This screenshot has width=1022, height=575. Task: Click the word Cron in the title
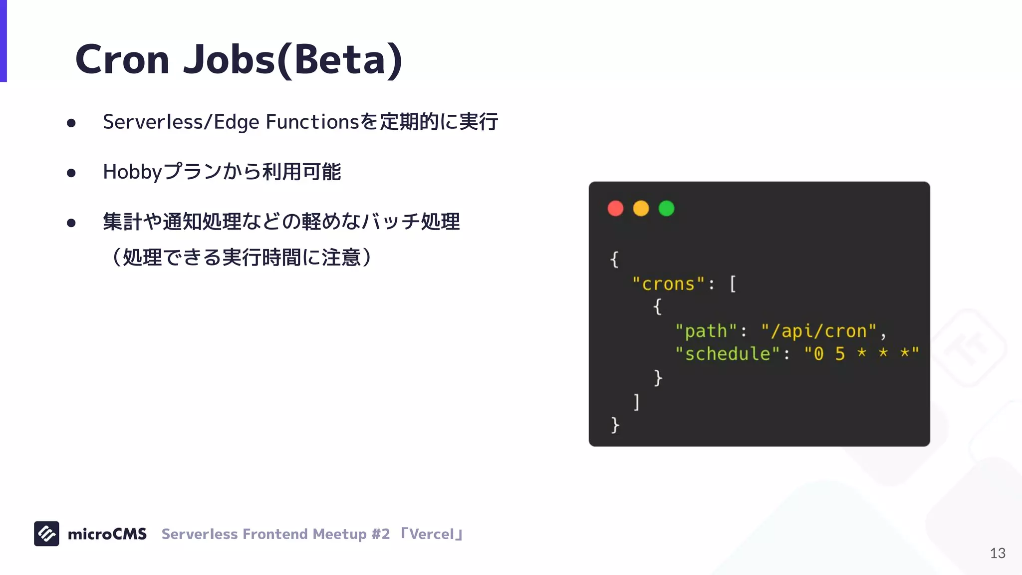tap(122, 60)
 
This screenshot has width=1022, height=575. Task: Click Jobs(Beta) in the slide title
tap(292, 60)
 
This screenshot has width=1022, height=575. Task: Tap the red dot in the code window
tap(615, 208)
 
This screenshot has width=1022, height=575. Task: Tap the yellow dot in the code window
tap(641, 208)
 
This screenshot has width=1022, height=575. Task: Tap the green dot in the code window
tap(666, 208)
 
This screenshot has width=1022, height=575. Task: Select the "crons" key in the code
tap(668, 284)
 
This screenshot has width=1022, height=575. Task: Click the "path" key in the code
tap(706, 331)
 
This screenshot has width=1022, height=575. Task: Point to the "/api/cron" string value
tap(818, 331)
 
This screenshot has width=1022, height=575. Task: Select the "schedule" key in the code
tap(727, 354)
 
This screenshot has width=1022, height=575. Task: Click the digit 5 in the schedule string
tap(840, 354)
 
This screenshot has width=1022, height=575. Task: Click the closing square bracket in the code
tap(636, 402)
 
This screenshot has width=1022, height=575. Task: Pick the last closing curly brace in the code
tap(615, 425)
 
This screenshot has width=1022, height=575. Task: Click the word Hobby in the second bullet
tap(132, 172)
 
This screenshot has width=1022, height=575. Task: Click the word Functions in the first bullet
tap(312, 122)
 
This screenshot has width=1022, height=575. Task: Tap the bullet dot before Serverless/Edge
tap(71, 123)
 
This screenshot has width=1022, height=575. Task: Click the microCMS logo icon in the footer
tap(46, 534)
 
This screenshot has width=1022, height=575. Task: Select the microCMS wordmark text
tap(107, 534)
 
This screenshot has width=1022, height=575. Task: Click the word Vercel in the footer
tap(432, 534)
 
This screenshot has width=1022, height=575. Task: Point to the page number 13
tap(998, 553)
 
